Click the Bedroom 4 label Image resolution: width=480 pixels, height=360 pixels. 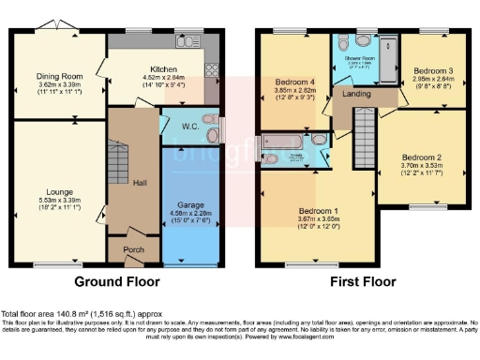coord(292,82)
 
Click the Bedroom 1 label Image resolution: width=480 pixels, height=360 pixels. coord(318,211)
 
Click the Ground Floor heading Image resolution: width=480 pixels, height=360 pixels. coord(117,279)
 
